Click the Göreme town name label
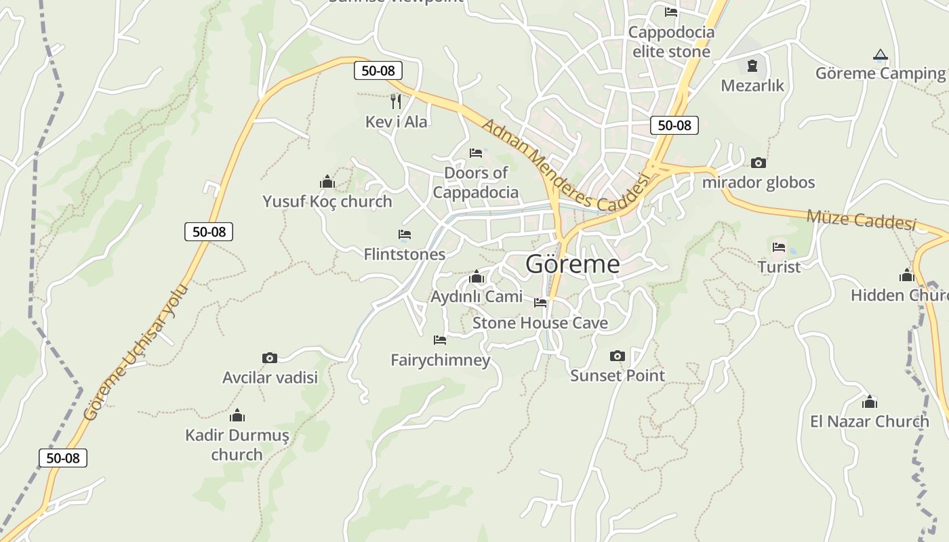pos(572,264)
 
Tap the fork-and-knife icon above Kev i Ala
pos(396,102)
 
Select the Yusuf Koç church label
pos(327,201)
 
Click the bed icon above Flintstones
pos(405,234)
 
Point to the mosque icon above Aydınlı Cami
pos(477,276)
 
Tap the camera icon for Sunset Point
pos(617,356)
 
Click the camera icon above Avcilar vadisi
pos(270,358)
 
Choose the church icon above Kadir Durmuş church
pos(237,415)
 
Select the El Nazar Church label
pos(869,421)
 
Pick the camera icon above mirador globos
pos(758,163)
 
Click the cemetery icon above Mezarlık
pos(752,66)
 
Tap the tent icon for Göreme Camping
pos(880,54)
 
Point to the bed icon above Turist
pos(779,247)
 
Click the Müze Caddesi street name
pos(861,220)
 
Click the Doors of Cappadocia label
pos(476,182)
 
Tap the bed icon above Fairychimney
pos(440,339)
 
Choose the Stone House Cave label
pos(540,323)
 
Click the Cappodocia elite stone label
pos(671,42)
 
